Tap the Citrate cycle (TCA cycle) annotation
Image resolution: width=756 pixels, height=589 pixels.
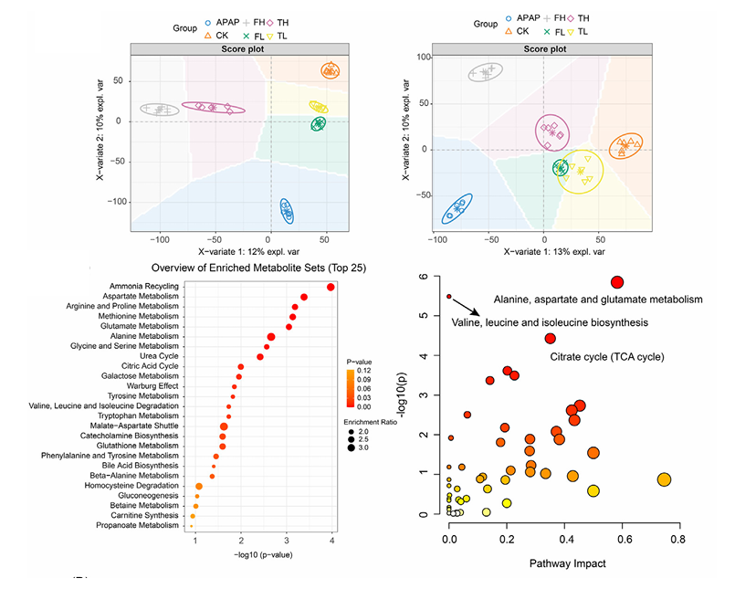coord(606,356)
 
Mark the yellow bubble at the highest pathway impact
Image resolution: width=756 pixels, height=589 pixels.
coord(664,479)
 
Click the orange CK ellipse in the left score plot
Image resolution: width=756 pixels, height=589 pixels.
coord(331,70)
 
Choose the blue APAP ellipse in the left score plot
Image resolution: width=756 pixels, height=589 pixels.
coord(287,211)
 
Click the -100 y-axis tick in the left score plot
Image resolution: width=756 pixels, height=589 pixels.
coord(119,202)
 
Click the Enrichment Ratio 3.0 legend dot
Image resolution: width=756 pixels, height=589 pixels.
coord(350,448)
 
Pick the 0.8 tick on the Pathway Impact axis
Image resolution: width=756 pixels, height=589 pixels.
coord(677,540)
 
